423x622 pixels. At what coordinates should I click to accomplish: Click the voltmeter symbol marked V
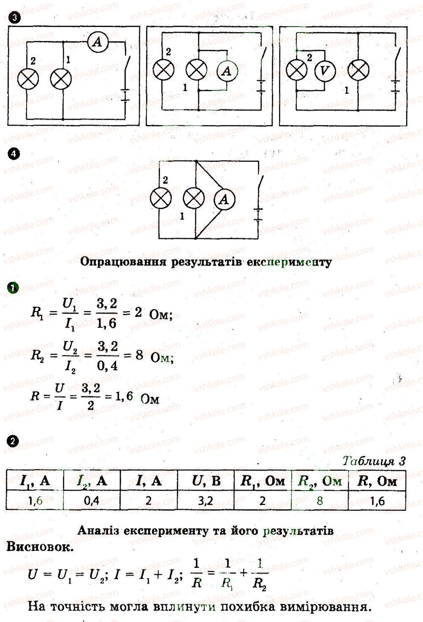click(x=325, y=71)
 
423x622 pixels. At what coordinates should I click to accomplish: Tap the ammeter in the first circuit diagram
click(x=98, y=42)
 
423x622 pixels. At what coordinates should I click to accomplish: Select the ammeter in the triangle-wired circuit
click(x=225, y=199)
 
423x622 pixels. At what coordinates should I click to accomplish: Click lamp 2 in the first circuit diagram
click(x=28, y=79)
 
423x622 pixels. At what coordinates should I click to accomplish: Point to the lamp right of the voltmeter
click(x=358, y=70)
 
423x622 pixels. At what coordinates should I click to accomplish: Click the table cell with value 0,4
click(x=92, y=500)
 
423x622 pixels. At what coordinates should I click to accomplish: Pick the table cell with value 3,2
click(x=206, y=500)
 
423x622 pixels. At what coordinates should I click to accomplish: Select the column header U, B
click(x=206, y=481)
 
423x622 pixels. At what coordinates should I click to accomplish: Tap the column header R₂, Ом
click(x=320, y=481)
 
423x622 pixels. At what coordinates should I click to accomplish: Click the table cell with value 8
click(x=320, y=500)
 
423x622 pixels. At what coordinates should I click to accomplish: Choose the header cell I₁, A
click(x=35, y=481)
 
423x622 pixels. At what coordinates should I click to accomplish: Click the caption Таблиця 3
click(x=374, y=461)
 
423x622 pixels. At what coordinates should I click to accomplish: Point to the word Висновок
click(x=40, y=547)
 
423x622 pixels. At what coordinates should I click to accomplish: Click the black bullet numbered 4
click(x=14, y=154)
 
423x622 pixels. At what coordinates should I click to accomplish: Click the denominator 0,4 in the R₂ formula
click(x=107, y=366)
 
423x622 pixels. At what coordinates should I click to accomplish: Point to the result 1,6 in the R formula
click(x=124, y=396)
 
